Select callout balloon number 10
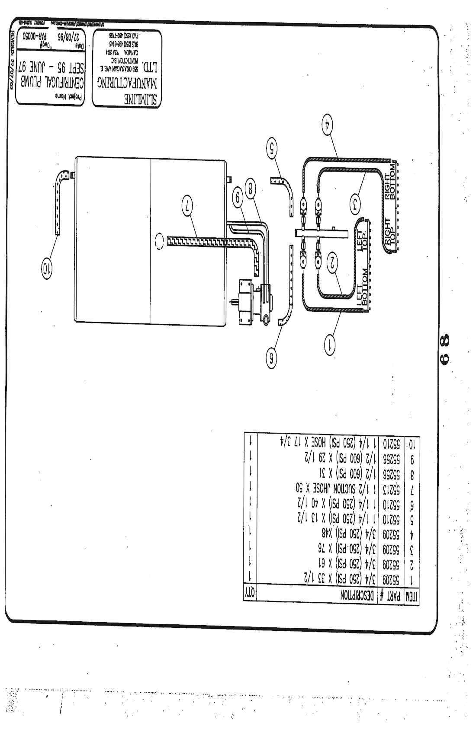46,270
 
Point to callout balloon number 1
331,345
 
